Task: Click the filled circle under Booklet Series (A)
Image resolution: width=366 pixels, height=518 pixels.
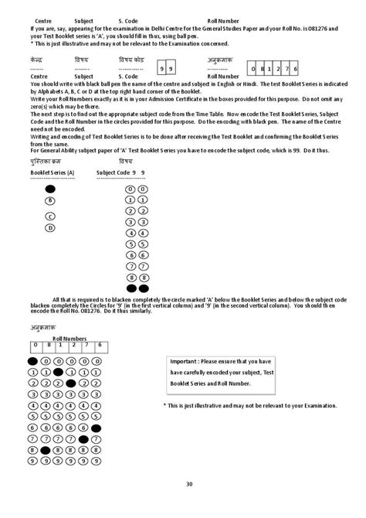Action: (50, 189)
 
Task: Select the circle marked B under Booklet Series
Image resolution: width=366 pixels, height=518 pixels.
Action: (50, 201)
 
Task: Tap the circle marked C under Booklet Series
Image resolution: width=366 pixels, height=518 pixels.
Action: (50, 216)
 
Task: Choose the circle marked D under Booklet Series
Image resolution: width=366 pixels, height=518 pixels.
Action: (50, 228)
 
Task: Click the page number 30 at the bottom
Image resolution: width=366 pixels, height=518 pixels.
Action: (188, 484)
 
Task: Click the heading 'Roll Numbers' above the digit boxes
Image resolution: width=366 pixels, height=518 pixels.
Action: (69, 339)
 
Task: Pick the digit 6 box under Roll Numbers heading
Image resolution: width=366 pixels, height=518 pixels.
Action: (99, 346)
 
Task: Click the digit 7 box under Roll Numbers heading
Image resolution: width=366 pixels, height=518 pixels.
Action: (86, 346)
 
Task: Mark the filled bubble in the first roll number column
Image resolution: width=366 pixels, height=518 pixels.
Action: (33, 360)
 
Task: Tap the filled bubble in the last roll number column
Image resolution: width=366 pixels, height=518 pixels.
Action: (96, 428)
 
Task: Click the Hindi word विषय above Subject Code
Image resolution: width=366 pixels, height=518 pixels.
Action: (126, 161)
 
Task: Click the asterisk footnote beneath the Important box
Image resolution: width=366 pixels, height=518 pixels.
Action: (249, 405)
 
